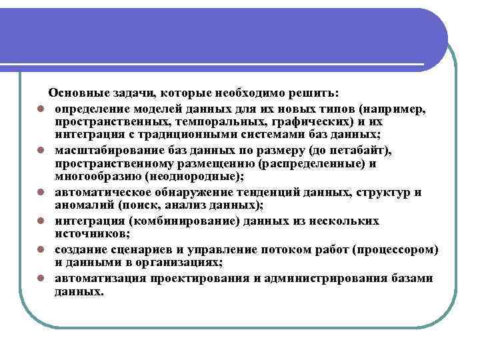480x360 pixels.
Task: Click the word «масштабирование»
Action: point(101,150)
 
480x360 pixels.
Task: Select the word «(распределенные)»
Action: point(316,163)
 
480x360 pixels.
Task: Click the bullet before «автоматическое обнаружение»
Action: point(41,193)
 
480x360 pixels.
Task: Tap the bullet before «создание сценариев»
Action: point(41,250)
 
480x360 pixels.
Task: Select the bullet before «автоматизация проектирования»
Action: point(41,279)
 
